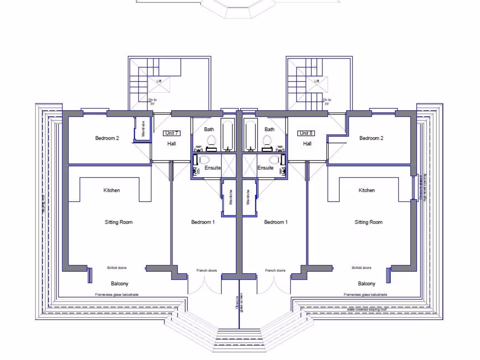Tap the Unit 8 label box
[x=306, y=133]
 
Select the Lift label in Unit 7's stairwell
[x=159, y=81]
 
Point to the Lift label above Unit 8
[x=317, y=81]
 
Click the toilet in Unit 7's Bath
[x=210, y=140]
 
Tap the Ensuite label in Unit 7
[x=212, y=168]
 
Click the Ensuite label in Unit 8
[x=265, y=168]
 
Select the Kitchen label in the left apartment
[x=112, y=190]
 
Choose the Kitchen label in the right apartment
[x=367, y=190]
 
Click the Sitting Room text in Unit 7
[x=119, y=222]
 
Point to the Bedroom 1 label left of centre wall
[x=203, y=222]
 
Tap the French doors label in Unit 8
[x=275, y=270]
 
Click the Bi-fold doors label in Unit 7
[x=117, y=268]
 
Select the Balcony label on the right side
[x=367, y=284]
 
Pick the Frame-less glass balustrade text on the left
[x=117, y=295]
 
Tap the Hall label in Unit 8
[x=307, y=144]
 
